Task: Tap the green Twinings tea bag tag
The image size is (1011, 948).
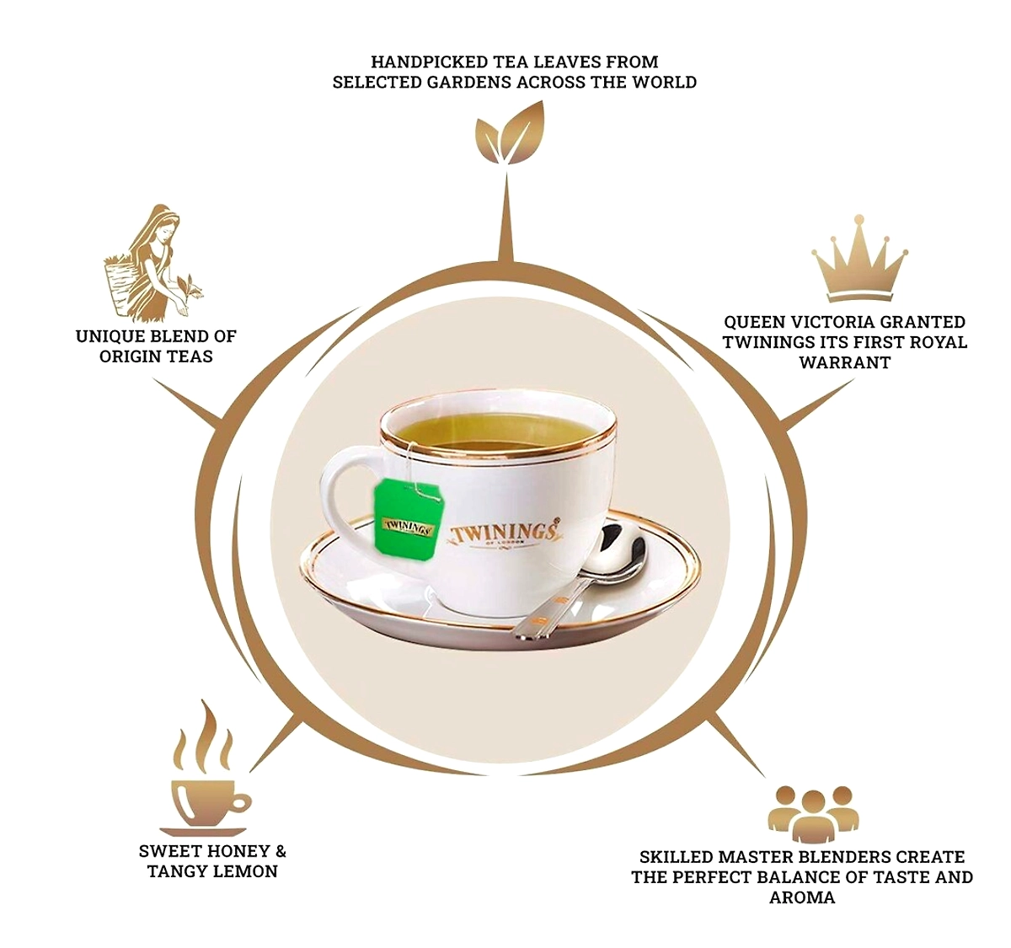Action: coord(409,519)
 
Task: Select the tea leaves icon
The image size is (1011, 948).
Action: coord(509,133)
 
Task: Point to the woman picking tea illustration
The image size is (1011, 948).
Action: coord(152,264)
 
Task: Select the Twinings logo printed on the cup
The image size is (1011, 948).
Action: coord(504,533)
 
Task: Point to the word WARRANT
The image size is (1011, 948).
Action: coord(844,362)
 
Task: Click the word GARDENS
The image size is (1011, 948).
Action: coord(469,82)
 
